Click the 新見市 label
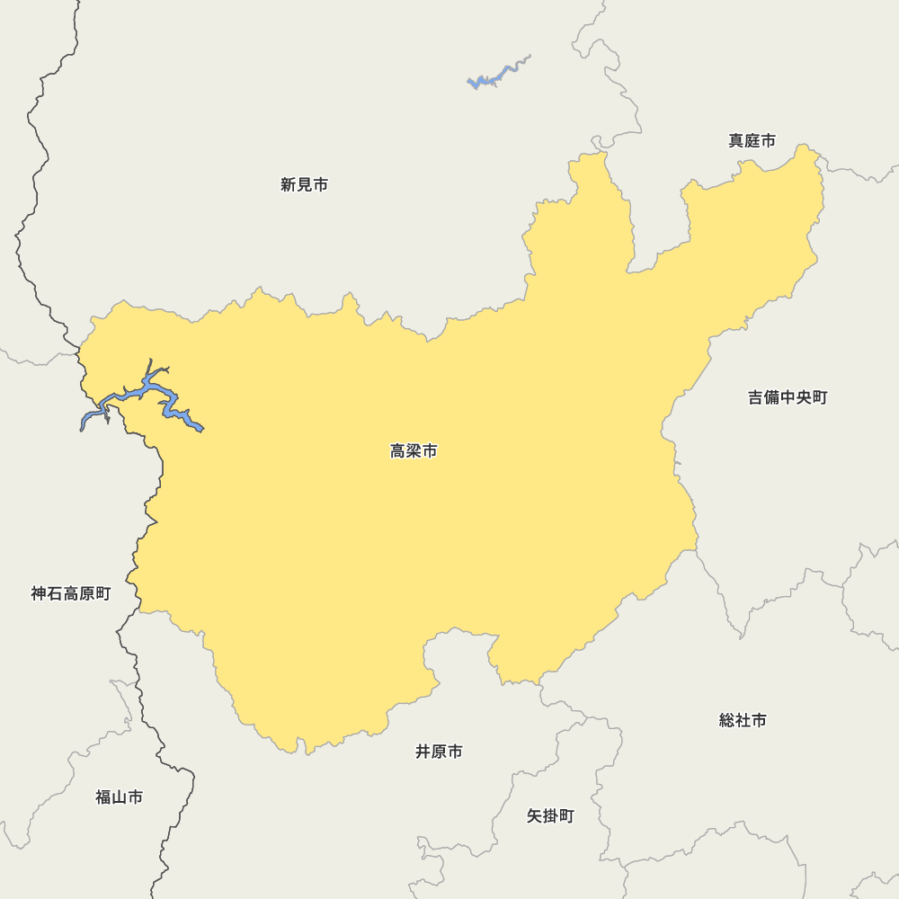(304, 185)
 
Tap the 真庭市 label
(752, 141)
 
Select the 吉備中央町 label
(788, 397)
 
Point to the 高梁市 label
(414, 451)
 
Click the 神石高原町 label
(71, 594)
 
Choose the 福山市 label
(119, 797)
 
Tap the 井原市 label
(439, 752)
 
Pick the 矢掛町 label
(550, 816)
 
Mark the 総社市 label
(743, 721)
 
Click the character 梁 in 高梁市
(414, 451)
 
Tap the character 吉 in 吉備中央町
(756, 397)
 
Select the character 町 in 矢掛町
(566, 816)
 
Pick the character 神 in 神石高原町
(40, 594)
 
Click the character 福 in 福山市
(103, 797)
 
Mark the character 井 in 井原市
(423, 752)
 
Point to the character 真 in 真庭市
(736, 141)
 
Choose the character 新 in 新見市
(289, 185)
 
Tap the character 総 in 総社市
(727, 721)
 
